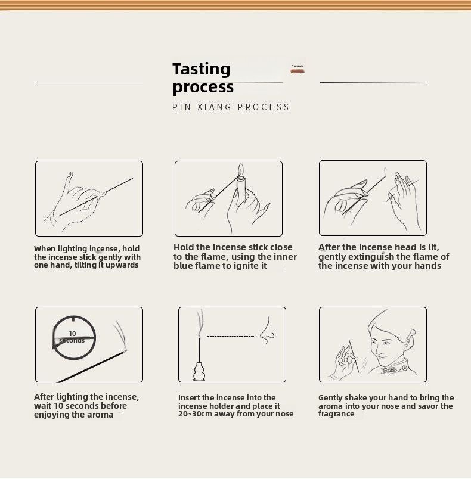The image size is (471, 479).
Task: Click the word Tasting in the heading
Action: pyautogui.click(x=201, y=69)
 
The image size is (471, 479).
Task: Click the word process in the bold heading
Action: pyautogui.click(x=203, y=88)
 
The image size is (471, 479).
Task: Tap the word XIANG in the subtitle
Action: pyautogui.click(x=214, y=107)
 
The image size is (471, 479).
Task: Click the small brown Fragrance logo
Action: pyautogui.click(x=298, y=69)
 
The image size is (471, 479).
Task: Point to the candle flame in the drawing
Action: pyautogui.click(x=241, y=169)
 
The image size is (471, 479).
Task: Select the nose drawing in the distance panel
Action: pyautogui.click(x=268, y=331)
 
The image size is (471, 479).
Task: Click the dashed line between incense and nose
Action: pyautogui.click(x=231, y=337)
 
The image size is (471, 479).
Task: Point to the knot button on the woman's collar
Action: pyautogui.click(x=389, y=371)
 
